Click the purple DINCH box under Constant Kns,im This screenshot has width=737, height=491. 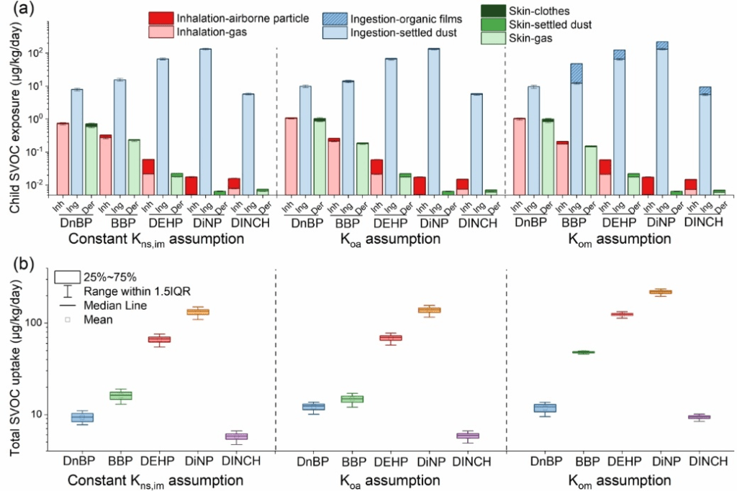coord(236,436)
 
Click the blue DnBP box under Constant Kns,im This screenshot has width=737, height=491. coord(82,418)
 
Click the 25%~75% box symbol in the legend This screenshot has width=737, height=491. coord(67,277)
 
